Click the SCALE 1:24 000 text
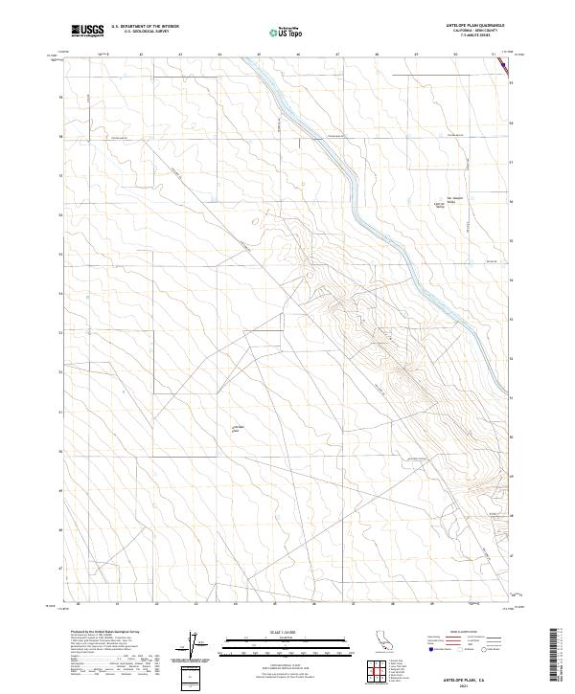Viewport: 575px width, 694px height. point(274,632)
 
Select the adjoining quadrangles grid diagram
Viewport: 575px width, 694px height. point(380,674)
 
